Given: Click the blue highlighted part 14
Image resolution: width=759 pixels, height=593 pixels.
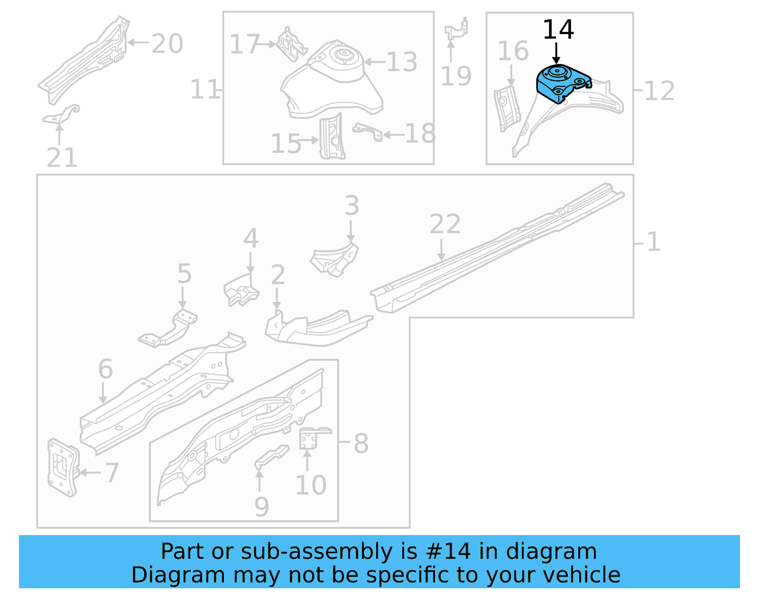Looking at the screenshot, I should click(562, 83).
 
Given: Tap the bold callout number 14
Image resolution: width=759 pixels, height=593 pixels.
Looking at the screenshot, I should click(558, 30).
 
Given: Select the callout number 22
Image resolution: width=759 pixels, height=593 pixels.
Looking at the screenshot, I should click(444, 224).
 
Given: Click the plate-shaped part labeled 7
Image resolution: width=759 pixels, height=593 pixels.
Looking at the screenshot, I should click(63, 467).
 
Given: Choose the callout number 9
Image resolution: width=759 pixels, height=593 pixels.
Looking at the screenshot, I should click(261, 507).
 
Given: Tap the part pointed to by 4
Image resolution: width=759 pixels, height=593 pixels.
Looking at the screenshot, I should click(241, 291).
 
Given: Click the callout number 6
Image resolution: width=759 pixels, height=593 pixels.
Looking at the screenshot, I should click(105, 369).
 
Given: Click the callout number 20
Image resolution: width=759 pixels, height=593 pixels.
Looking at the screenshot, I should click(167, 44).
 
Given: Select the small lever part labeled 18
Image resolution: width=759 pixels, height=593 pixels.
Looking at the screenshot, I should click(368, 131).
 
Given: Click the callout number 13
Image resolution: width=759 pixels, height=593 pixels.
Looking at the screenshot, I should click(401, 62).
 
